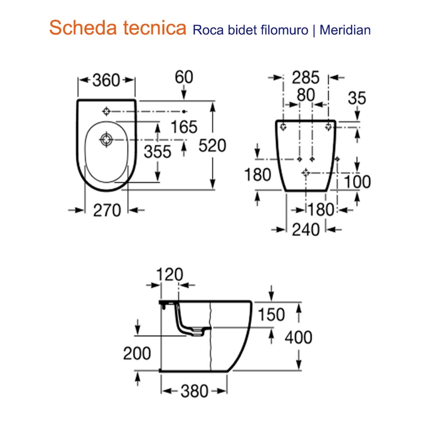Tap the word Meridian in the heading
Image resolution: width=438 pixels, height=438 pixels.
(345, 30)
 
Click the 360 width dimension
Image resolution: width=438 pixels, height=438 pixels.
(106, 80)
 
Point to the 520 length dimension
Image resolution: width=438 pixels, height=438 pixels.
(212, 145)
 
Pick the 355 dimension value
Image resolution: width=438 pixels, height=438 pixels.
(158, 152)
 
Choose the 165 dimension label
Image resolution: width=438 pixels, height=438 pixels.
(184, 127)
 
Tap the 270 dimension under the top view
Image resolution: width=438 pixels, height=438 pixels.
(107, 211)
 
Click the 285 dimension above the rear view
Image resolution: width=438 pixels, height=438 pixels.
(306, 78)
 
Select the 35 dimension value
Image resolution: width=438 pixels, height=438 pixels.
(357, 98)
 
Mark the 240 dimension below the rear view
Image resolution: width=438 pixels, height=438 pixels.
(306, 229)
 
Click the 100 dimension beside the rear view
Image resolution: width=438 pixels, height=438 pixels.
(357, 182)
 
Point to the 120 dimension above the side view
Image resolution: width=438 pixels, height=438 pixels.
(170, 275)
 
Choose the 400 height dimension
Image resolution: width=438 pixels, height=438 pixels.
(298, 337)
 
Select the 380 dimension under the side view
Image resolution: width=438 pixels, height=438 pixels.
(194, 391)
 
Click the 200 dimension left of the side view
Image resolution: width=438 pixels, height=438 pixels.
(137, 353)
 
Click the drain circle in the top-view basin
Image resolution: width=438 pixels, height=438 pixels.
(106, 140)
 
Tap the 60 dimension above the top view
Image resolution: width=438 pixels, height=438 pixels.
(184, 77)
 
